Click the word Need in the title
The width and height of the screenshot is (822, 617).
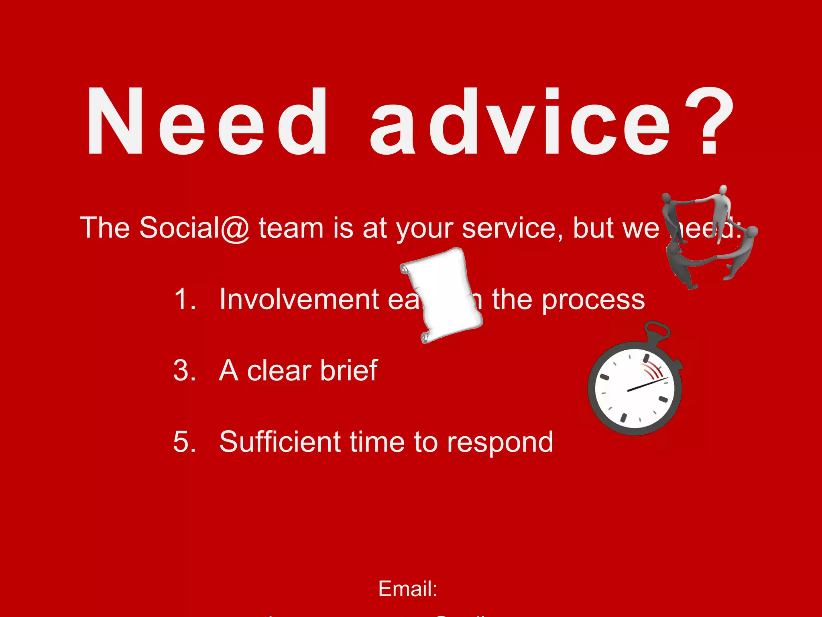(x=207, y=121)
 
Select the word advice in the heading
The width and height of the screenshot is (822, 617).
(x=520, y=121)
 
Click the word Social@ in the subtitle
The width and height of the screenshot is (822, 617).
(x=194, y=228)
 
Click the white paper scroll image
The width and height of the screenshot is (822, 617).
(x=442, y=295)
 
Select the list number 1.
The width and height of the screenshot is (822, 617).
(x=185, y=299)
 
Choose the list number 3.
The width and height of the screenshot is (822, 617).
(x=185, y=370)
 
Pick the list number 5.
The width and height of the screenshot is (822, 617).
(x=185, y=442)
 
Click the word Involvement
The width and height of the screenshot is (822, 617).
(x=299, y=299)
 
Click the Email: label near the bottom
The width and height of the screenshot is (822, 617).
(x=407, y=589)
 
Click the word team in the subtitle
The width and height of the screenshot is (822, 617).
(x=291, y=228)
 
